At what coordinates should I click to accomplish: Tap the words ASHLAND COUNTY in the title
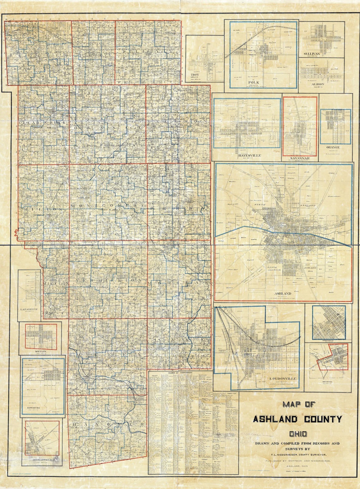(x=297, y=419)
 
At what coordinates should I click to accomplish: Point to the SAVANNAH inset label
(x=300, y=157)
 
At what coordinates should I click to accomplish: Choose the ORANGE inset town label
(x=333, y=147)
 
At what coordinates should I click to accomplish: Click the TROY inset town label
(x=195, y=75)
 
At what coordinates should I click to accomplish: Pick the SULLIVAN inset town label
(x=311, y=54)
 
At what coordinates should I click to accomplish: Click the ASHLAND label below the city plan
(x=283, y=293)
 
